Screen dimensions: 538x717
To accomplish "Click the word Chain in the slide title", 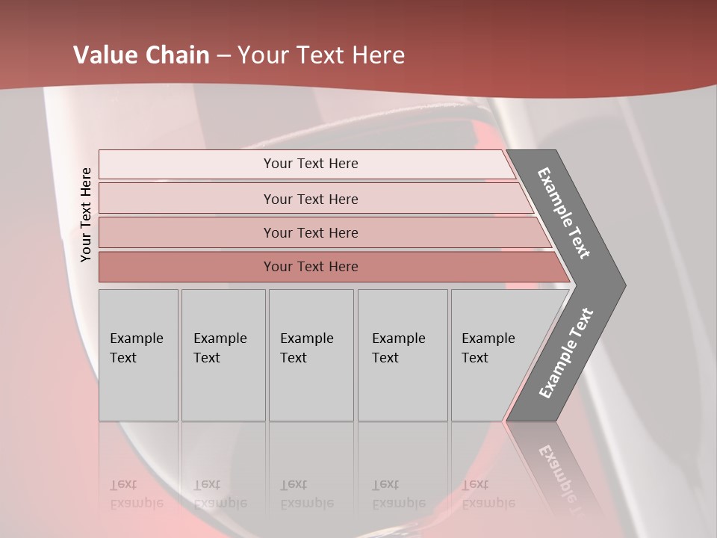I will [x=177, y=55].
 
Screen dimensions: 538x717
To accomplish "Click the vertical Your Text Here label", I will [x=86, y=214].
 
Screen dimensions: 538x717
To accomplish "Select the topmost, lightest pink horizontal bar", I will [x=311, y=164].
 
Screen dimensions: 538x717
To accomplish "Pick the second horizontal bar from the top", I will [x=311, y=199].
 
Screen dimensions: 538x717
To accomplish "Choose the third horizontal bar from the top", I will [x=311, y=232].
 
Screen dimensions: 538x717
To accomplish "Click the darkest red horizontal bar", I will [x=311, y=267].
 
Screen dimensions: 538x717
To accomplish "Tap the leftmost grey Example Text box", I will [x=138, y=355].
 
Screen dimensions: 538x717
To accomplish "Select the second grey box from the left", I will [x=223, y=355].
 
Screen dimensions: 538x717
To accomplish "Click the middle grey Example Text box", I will [x=311, y=355].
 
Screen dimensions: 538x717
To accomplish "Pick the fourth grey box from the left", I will [x=403, y=355].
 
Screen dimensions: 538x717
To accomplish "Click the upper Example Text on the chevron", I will [x=565, y=214].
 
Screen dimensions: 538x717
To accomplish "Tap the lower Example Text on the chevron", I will [x=566, y=353].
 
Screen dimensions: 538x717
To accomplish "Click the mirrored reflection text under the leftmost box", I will [x=136, y=494].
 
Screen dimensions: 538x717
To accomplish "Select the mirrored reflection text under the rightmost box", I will [x=488, y=494].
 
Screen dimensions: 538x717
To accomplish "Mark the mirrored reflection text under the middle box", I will [x=306, y=494].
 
